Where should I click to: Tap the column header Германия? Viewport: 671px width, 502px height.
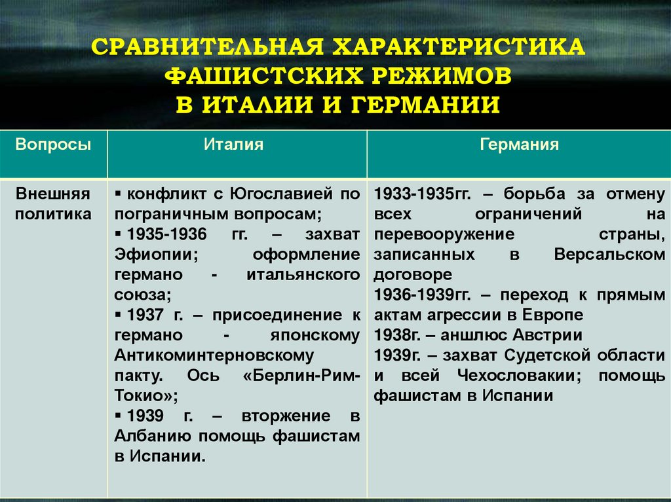point(519,145)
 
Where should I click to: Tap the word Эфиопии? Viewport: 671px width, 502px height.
point(153,254)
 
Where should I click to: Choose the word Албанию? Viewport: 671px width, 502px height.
point(153,437)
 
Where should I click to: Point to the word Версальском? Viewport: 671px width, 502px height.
point(609,254)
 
